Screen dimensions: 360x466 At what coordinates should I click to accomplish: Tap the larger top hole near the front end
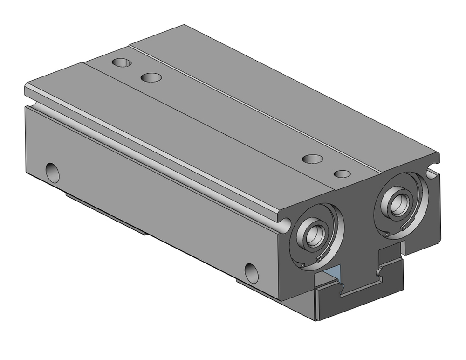pos(313,159)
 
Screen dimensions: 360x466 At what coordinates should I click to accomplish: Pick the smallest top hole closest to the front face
pos(343,173)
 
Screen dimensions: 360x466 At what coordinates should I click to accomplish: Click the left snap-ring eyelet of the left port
pos(302,265)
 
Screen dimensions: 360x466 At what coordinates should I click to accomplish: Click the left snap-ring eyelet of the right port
pos(387,234)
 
